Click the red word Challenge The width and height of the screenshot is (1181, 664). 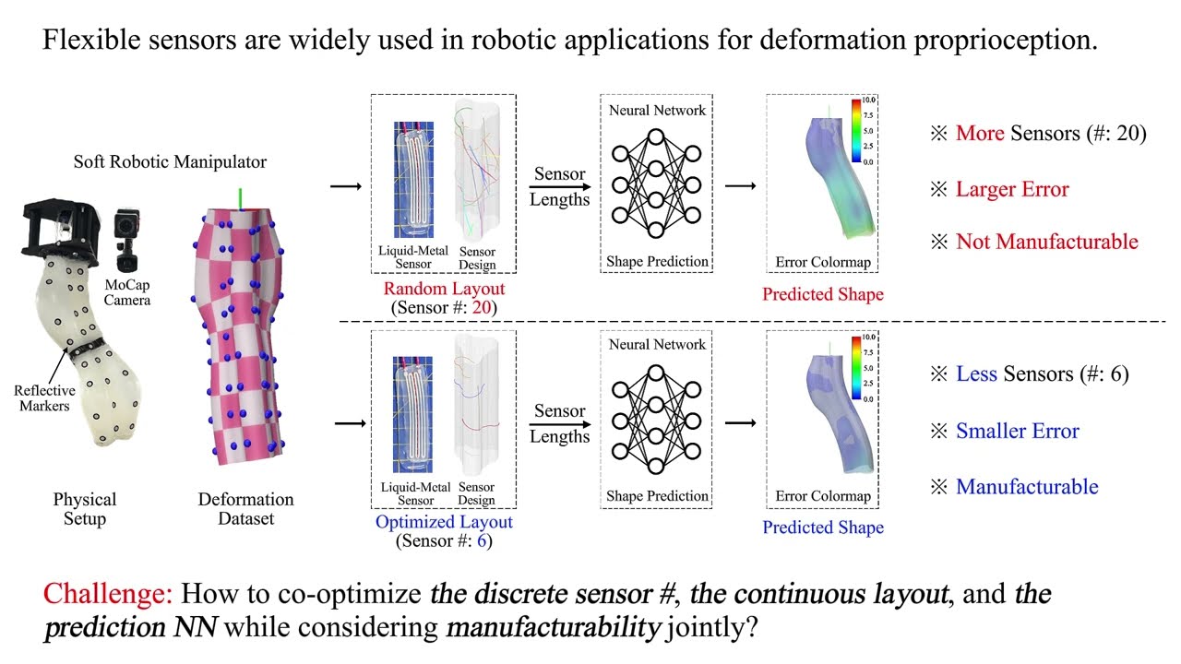[x=109, y=593]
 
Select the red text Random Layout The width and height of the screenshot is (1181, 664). [x=444, y=289]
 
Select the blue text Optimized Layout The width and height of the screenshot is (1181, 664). [x=444, y=522]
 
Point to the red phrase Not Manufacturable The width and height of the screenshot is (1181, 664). [x=1046, y=242]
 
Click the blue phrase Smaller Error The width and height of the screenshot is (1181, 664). [x=1017, y=431]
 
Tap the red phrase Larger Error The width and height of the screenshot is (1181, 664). [x=1012, y=189]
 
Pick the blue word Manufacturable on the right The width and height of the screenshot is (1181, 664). [x=1027, y=487]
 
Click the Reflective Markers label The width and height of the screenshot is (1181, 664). [x=44, y=398]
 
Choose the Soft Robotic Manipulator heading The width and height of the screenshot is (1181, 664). [x=170, y=162]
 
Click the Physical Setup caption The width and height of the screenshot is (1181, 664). [x=84, y=509]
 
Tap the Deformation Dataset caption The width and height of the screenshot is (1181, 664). [x=245, y=509]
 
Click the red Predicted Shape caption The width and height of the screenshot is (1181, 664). [x=822, y=294]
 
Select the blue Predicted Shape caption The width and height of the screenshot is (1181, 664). [x=822, y=528]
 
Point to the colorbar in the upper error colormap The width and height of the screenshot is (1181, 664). [x=855, y=130]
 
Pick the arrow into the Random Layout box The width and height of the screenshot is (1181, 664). [x=345, y=187]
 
